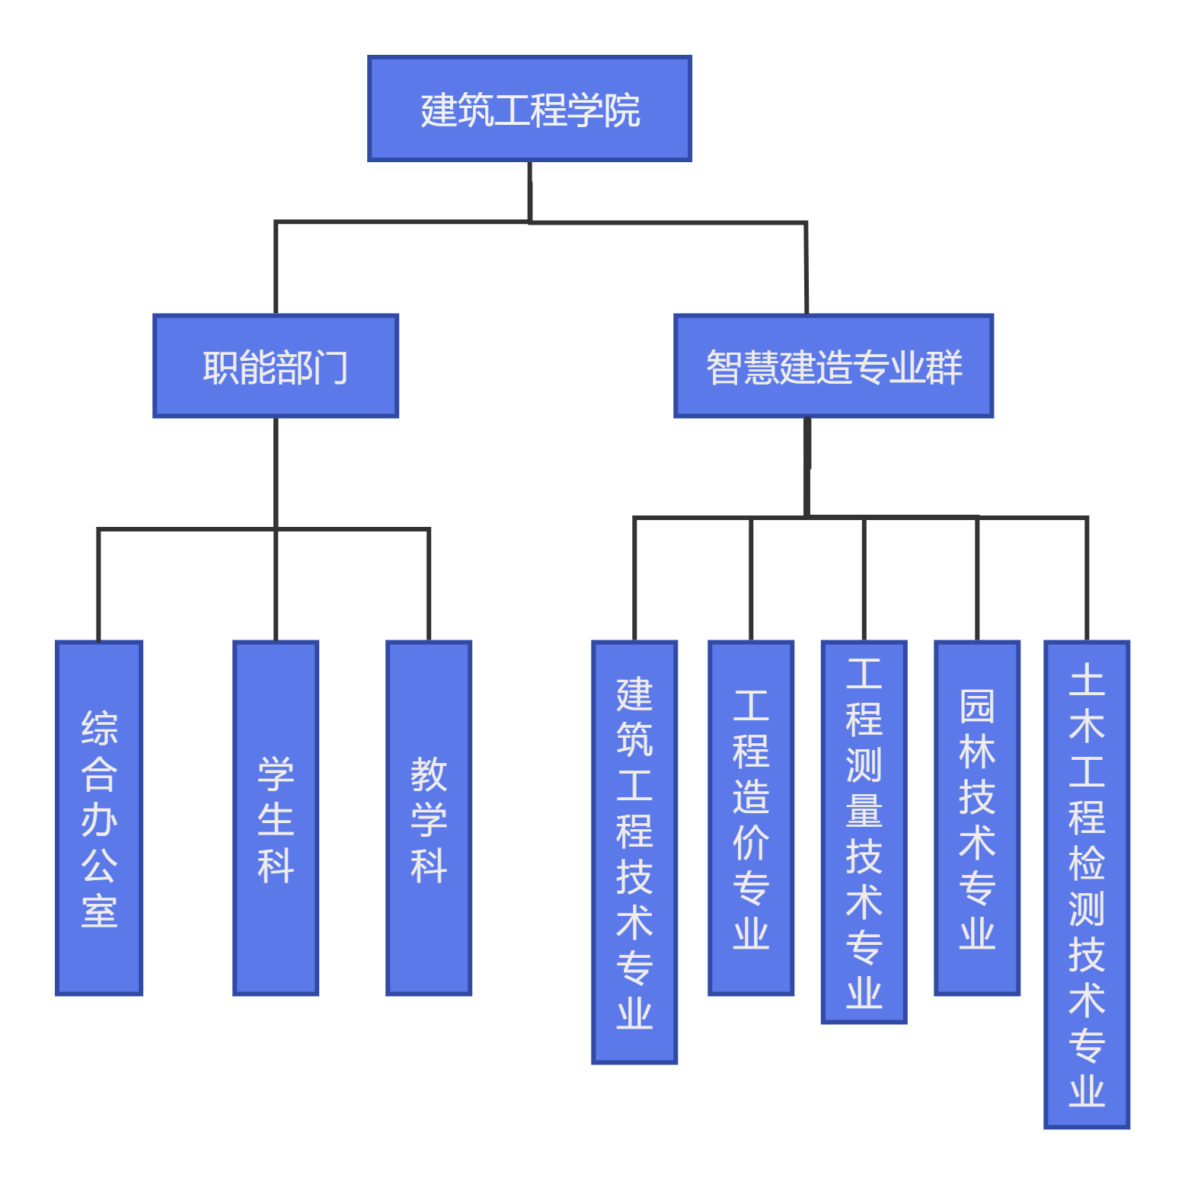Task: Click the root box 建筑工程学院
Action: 529,109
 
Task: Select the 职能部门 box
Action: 276,366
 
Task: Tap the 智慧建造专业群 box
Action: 833,366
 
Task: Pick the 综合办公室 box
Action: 99,818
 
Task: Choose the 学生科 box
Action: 276,818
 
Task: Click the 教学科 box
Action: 429,818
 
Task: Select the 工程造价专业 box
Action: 751,818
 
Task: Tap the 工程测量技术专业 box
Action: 864,831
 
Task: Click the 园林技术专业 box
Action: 977,818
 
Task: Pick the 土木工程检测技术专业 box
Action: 1087,883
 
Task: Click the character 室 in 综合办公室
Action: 99,911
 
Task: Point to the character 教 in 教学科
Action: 429,774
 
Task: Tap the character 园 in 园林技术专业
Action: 977,707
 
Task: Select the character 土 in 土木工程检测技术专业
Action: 1087,680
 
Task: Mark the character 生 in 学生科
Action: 276,820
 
